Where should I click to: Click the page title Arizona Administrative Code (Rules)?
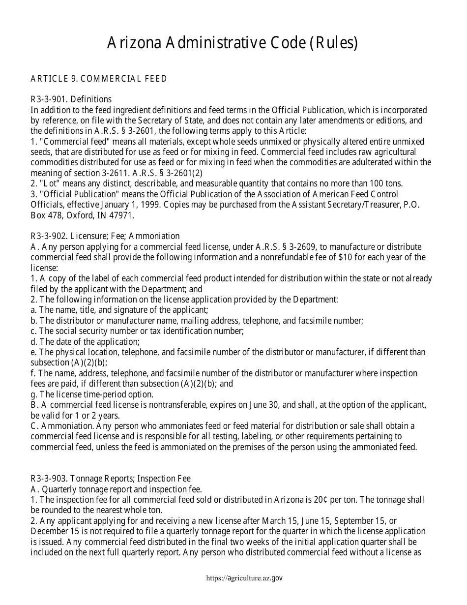(233, 44)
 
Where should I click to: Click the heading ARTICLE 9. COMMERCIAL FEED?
(99, 79)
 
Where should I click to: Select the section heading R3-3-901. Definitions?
(71, 99)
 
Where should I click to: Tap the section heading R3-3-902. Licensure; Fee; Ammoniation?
(105, 236)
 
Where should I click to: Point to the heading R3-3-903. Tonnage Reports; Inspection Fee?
(111, 479)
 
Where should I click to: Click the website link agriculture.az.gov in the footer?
(244, 578)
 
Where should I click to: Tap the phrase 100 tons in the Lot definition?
(386, 183)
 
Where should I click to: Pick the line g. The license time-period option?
(92, 394)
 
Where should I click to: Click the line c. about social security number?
(137, 331)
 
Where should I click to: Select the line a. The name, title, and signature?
(119, 310)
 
